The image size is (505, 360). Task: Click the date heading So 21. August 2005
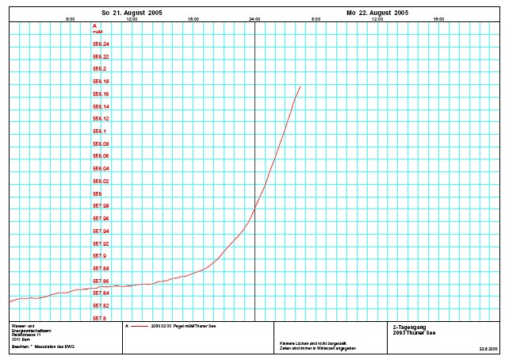(x=132, y=13)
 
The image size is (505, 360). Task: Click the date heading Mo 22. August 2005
(x=377, y=13)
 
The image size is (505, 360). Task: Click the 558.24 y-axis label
(x=101, y=44)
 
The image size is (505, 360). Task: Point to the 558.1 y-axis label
(x=100, y=132)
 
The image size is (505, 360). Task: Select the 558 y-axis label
(x=98, y=193)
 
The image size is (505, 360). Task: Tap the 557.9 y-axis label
(x=100, y=256)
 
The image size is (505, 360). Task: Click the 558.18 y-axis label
(x=101, y=82)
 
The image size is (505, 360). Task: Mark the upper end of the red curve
(x=300, y=86)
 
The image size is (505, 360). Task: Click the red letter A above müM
(x=94, y=26)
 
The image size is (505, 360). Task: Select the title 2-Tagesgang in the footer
(x=408, y=326)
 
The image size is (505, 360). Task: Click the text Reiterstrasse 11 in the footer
(x=25, y=335)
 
